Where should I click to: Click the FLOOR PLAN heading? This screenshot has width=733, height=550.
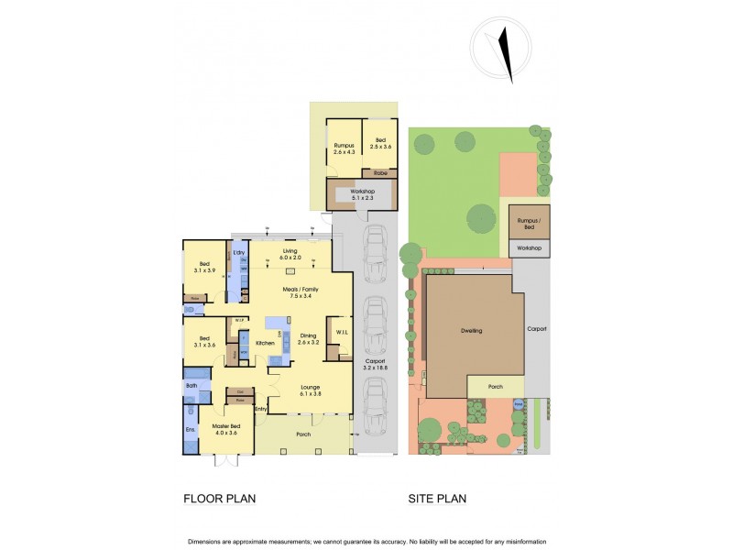coord(219,500)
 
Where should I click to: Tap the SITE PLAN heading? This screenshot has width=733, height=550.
coord(437,500)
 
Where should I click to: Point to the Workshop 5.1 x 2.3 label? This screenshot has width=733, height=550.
coord(364,194)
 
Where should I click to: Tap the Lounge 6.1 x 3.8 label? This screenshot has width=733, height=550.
coord(310,390)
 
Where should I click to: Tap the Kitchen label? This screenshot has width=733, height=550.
coord(266,343)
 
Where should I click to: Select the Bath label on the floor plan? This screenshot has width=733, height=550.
coord(191,387)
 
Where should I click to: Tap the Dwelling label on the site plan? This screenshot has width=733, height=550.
coord(471,331)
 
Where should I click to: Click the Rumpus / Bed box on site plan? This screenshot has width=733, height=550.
coord(525,223)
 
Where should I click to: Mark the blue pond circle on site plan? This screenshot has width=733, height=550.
coord(518,404)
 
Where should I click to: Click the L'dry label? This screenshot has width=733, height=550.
coord(239,252)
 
